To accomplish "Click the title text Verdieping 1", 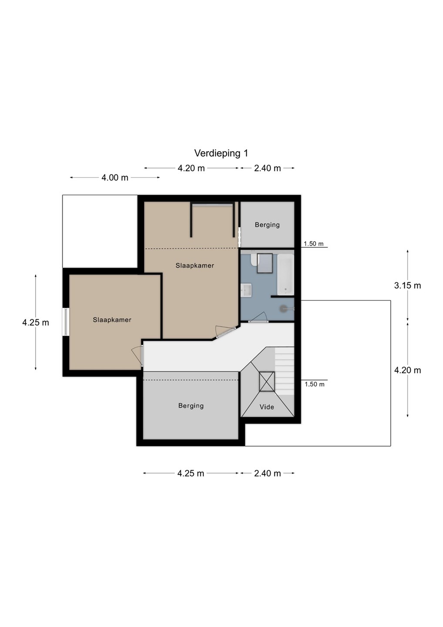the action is (221, 153).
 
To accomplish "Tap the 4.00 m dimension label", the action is (114, 178).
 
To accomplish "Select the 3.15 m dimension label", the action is (407, 286).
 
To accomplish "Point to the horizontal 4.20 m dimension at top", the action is (191, 168).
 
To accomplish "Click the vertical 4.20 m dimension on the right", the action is (407, 370).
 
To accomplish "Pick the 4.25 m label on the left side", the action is (36, 323).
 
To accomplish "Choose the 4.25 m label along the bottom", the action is (191, 473).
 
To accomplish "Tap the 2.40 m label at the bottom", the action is (267, 473).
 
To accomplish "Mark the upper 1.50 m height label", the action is (313, 244).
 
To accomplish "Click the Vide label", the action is (267, 407).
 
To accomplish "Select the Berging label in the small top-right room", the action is (267, 225).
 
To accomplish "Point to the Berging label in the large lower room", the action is (191, 406).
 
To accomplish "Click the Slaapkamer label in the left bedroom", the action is (112, 320).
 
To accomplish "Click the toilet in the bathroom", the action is (253, 260).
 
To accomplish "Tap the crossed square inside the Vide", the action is (267, 381).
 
